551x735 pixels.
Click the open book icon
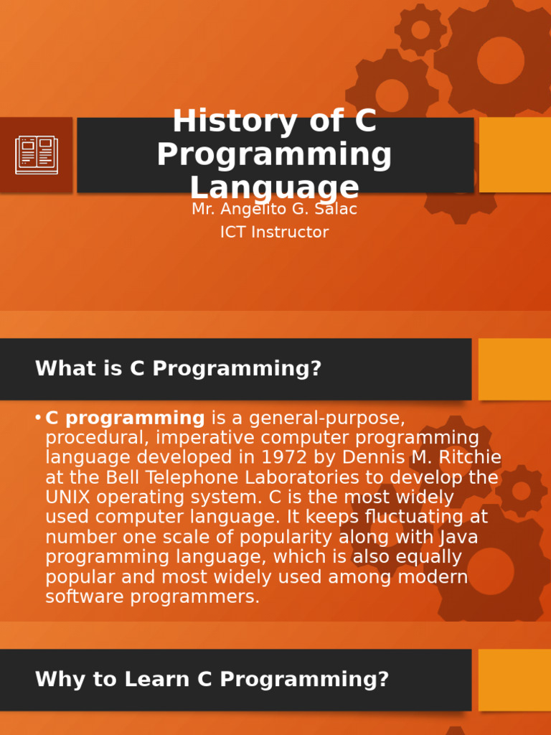point(37,155)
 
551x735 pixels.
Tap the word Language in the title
point(274,187)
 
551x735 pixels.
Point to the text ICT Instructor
point(274,233)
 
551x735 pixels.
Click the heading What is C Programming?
point(178,369)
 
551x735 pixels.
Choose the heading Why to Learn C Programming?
point(212,679)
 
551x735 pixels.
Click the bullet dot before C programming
point(37,418)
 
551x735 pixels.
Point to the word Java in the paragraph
point(458,537)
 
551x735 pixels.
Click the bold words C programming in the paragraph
point(125,418)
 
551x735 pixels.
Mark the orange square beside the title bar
point(514,155)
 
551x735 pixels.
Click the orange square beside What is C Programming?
point(514,369)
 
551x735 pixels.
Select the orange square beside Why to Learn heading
point(514,680)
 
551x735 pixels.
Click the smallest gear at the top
point(420,29)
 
